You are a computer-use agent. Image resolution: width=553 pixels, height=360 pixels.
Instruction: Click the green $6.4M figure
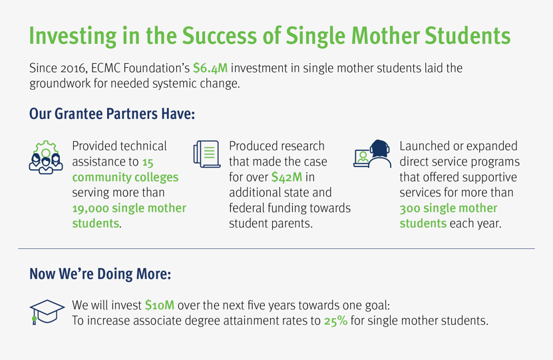pos(210,68)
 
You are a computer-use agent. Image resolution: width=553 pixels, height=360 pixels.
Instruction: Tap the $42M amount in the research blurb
pos(287,177)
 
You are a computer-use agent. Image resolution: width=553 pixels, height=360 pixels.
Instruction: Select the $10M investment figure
pos(160,305)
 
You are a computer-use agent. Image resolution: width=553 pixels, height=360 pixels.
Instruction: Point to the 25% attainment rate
pos(336,321)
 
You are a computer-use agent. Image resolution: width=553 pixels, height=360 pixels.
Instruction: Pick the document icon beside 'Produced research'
pos(207,154)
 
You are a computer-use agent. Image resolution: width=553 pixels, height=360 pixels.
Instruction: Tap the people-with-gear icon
pos(46,157)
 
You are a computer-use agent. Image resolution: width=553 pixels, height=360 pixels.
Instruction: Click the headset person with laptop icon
pos(373,154)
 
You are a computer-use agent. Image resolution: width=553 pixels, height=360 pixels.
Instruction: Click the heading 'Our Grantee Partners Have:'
pos(112,114)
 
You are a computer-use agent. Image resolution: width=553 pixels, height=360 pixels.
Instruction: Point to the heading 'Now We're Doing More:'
pos(100,274)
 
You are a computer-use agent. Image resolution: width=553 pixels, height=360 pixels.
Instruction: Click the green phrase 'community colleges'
pos(125,178)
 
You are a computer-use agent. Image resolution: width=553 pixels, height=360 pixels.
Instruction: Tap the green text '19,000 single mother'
pos(129,208)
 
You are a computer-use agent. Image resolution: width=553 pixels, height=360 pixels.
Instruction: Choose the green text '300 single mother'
pos(449,208)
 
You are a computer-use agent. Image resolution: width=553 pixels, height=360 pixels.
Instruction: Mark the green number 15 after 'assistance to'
pos(148,162)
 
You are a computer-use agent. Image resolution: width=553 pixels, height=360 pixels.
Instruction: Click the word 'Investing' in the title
pos(73,37)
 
